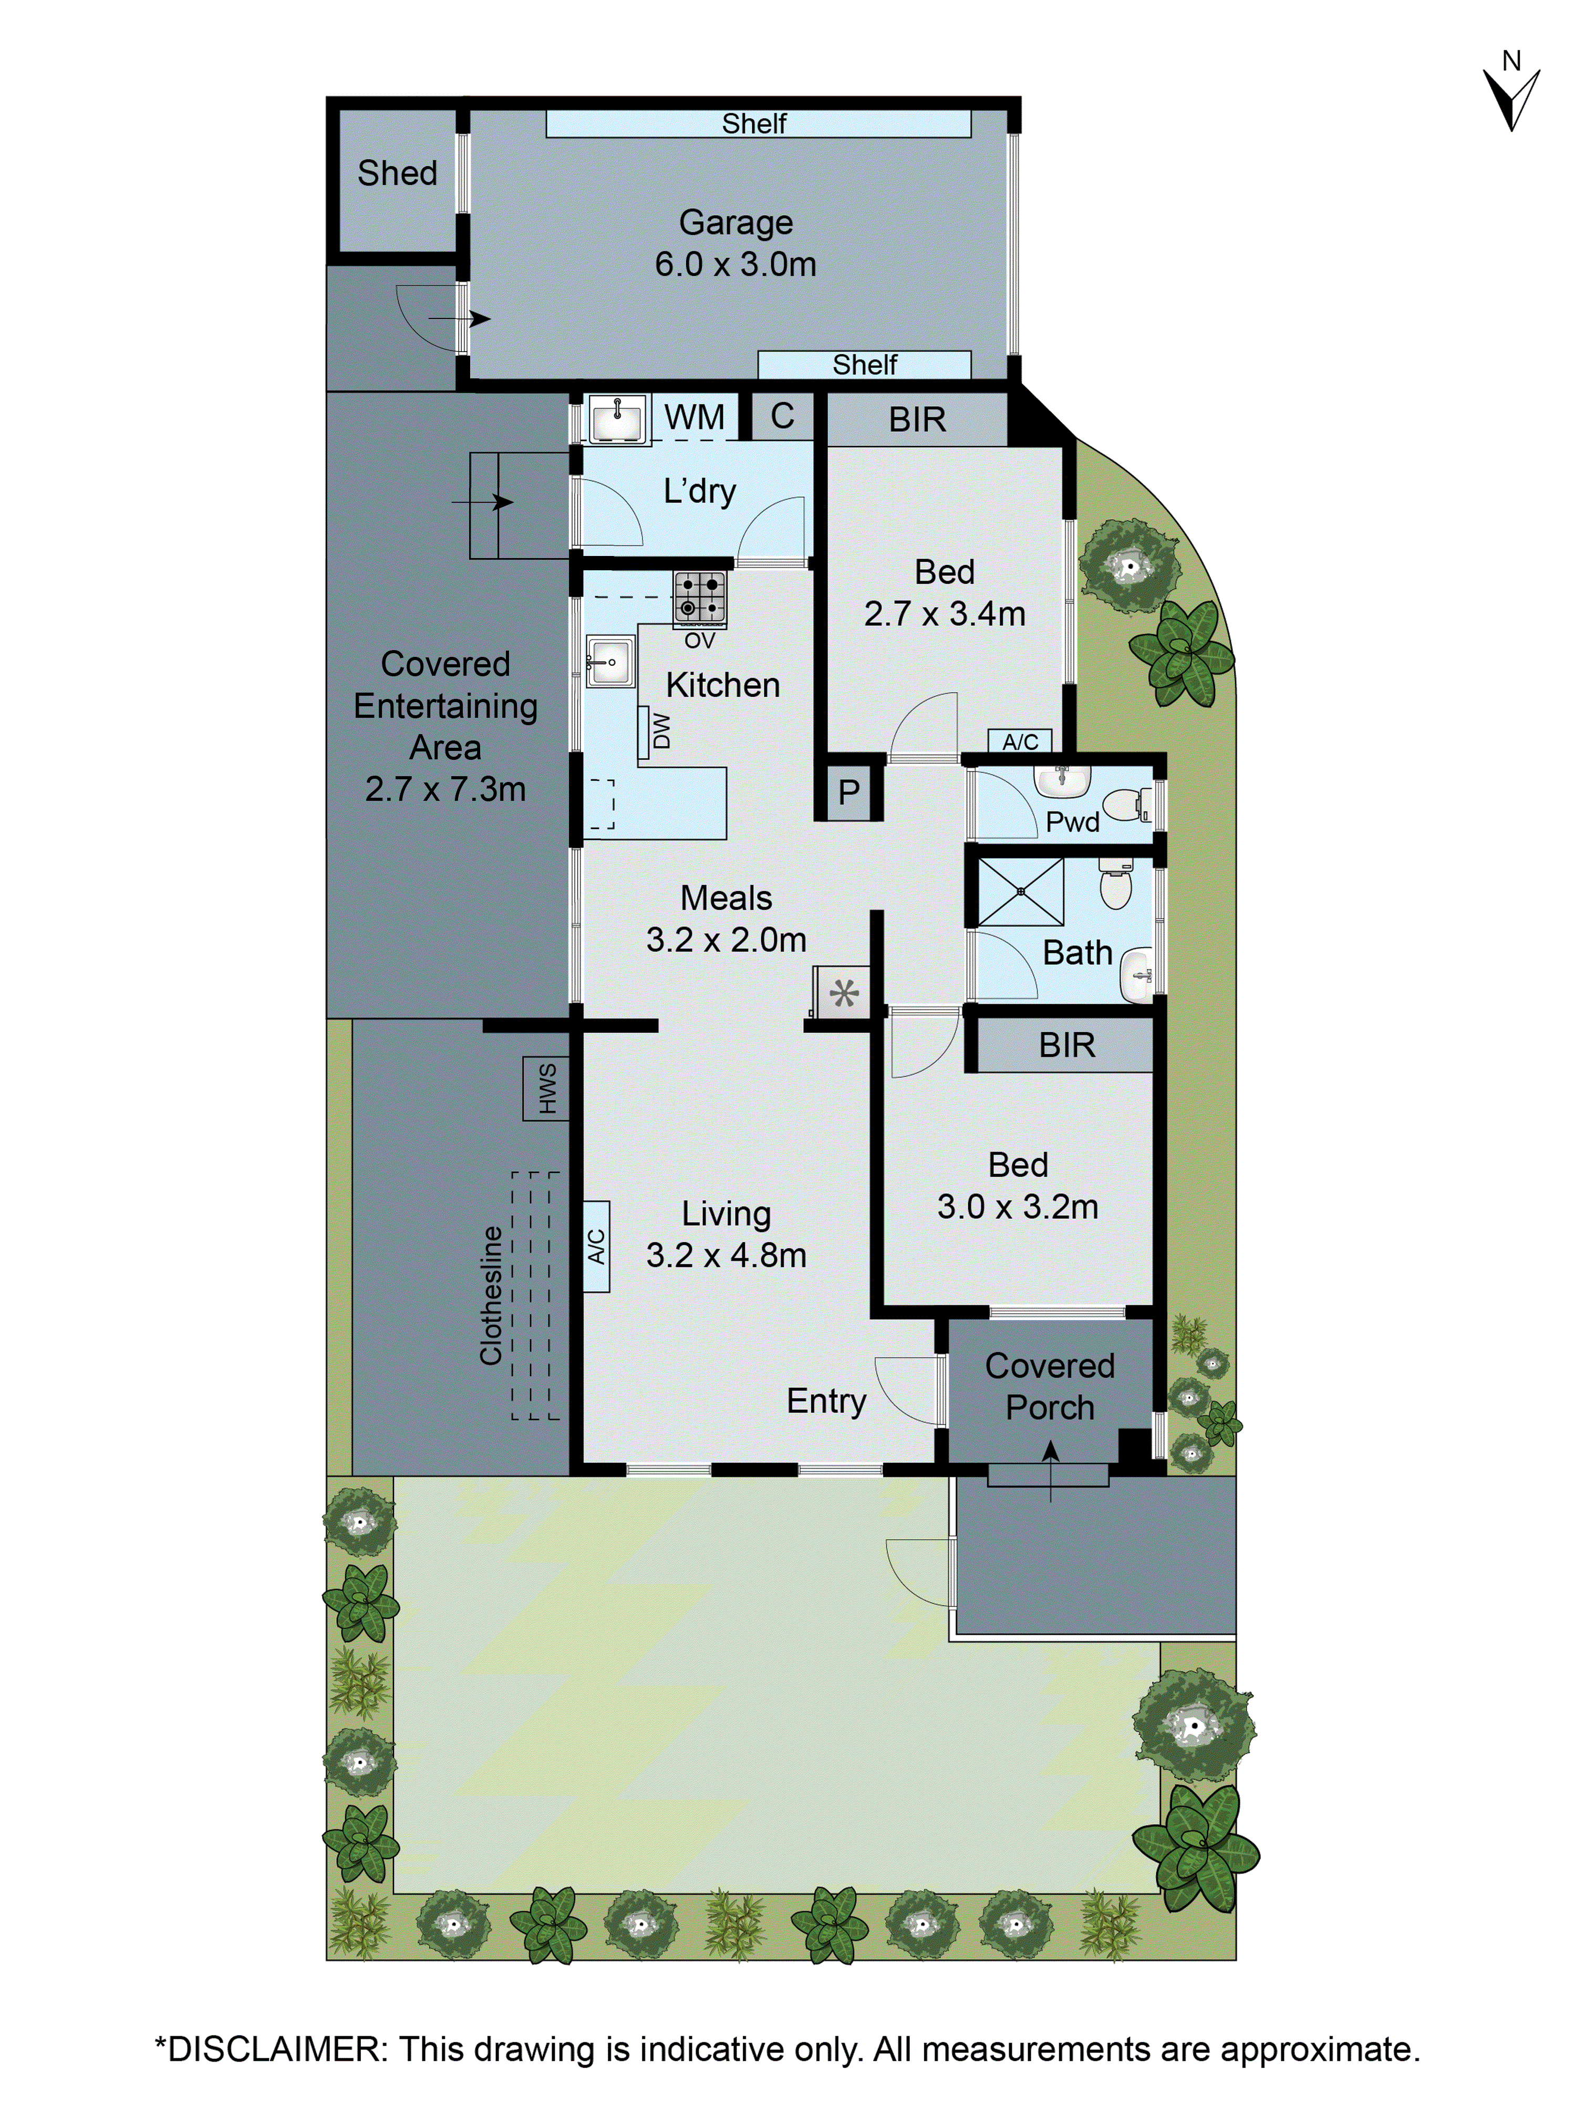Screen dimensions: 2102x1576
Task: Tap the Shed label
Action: [397, 173]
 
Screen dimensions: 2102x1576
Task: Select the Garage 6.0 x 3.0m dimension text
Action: [735, 264]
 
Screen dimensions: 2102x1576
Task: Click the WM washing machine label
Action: [694, 417]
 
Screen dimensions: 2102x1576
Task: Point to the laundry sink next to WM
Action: [617, 419]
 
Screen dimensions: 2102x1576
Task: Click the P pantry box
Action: [848, 791]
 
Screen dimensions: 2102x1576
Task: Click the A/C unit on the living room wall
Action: [596, 1246]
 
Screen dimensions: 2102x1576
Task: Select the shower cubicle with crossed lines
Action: [1020, 891]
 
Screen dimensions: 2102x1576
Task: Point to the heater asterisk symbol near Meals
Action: [844, 993]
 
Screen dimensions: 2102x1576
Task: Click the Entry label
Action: [826, 1400]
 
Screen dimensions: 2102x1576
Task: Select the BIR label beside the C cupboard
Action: [917, 419]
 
